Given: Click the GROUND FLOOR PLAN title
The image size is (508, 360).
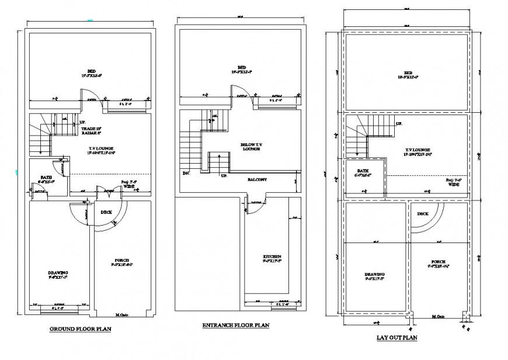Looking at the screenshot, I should (x=80, y=329).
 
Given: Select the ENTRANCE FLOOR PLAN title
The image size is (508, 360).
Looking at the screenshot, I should (x=236, y=325).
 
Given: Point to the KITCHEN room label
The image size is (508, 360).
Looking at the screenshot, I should (x=272, y=257).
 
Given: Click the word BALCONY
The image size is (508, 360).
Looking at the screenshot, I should (x=257, y=179).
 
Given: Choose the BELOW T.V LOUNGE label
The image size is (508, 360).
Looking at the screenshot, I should (x=251, y=146).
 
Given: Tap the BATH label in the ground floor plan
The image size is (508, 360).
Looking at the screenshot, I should (x=47, y=177).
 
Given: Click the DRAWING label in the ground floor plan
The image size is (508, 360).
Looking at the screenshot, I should (x=58, y=272).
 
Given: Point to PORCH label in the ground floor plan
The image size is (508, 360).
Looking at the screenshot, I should (x=121, y=260).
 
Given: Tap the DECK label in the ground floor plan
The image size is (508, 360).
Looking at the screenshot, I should (x=106, y=212).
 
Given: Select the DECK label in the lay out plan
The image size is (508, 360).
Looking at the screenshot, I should (x=423, y=213).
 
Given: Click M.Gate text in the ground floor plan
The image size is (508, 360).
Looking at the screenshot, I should (x=122, y=315).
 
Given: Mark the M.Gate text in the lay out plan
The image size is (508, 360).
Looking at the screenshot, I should (x=438, y=317).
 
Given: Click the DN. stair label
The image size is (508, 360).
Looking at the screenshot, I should (x=186, y=173).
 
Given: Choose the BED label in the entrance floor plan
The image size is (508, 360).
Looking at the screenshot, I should (x=240, y=66).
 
